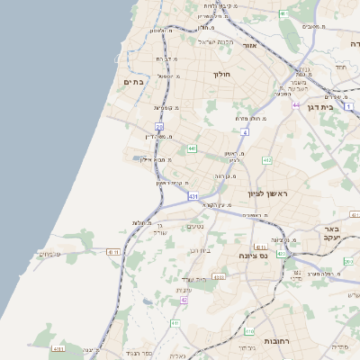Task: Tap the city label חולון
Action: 221,75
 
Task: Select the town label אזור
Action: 250,45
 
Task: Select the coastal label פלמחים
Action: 49,254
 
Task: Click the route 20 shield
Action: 157,128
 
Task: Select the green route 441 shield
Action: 193,148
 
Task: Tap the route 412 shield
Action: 267,160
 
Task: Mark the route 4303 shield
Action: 219,277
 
